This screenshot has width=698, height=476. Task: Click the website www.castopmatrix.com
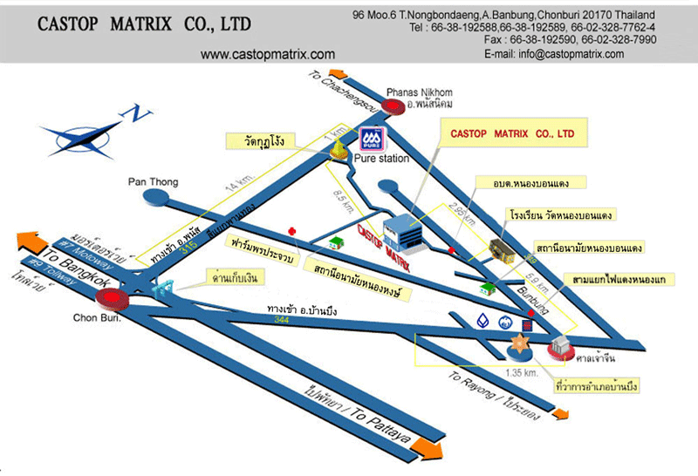coord(268,54)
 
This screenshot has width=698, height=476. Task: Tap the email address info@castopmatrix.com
coord(554,54)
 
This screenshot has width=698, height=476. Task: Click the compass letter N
coord(133,112)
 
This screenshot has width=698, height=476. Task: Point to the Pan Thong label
coord(154,182)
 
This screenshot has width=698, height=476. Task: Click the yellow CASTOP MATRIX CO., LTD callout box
coord(512,135)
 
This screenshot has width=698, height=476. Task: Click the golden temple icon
coord(337,151)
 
